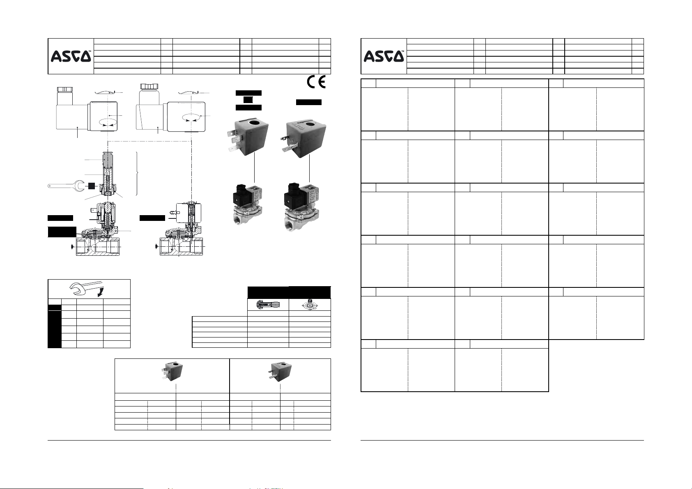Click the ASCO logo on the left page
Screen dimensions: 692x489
tap(71, 56)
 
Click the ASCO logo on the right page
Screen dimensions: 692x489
tap(384, 56)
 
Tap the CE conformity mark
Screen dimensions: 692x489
tap(316, 82)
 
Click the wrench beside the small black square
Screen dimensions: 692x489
tap(66, 186)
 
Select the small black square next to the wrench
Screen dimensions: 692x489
tap(92, 186)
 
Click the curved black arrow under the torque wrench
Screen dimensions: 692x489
tap(100, 293)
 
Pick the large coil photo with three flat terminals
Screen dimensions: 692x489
tap(248, 137)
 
